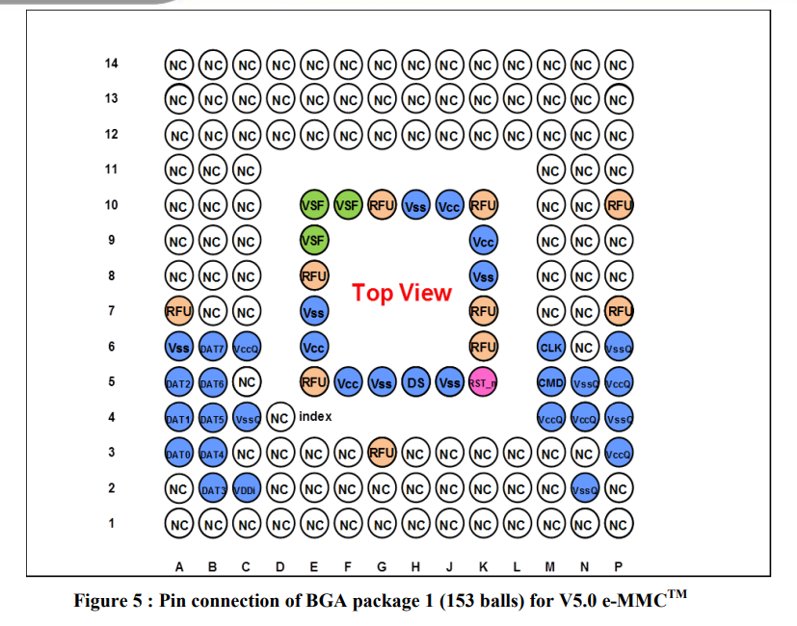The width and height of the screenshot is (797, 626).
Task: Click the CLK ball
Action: point(551,347)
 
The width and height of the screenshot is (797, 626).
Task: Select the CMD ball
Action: point(551,382)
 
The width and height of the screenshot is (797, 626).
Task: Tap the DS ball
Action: point(415,382)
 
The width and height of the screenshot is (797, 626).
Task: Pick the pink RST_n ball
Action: point(483,382)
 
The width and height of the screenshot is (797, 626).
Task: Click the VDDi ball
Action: point(247,489)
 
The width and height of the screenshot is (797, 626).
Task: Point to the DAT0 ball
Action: point(179,454)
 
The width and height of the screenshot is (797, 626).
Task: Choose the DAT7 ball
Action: point(212,347)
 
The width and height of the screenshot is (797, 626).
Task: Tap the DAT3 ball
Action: point(212,489)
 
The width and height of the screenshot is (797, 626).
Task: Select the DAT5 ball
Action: point(212,418)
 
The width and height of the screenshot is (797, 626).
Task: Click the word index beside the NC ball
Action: point(315,417)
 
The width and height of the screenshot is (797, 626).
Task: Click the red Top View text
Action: point(402,293)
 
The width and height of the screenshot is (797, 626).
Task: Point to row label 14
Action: point(112,63)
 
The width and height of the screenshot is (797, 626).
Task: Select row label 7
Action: point(112,310)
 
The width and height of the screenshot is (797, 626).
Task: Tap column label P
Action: point(618,566)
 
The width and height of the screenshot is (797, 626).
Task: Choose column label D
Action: point(280,566)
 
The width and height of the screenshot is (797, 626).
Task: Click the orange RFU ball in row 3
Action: point(382,453)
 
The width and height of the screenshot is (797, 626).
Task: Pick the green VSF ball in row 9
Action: point(314,241)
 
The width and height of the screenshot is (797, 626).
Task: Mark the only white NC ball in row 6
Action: point(585,347)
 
